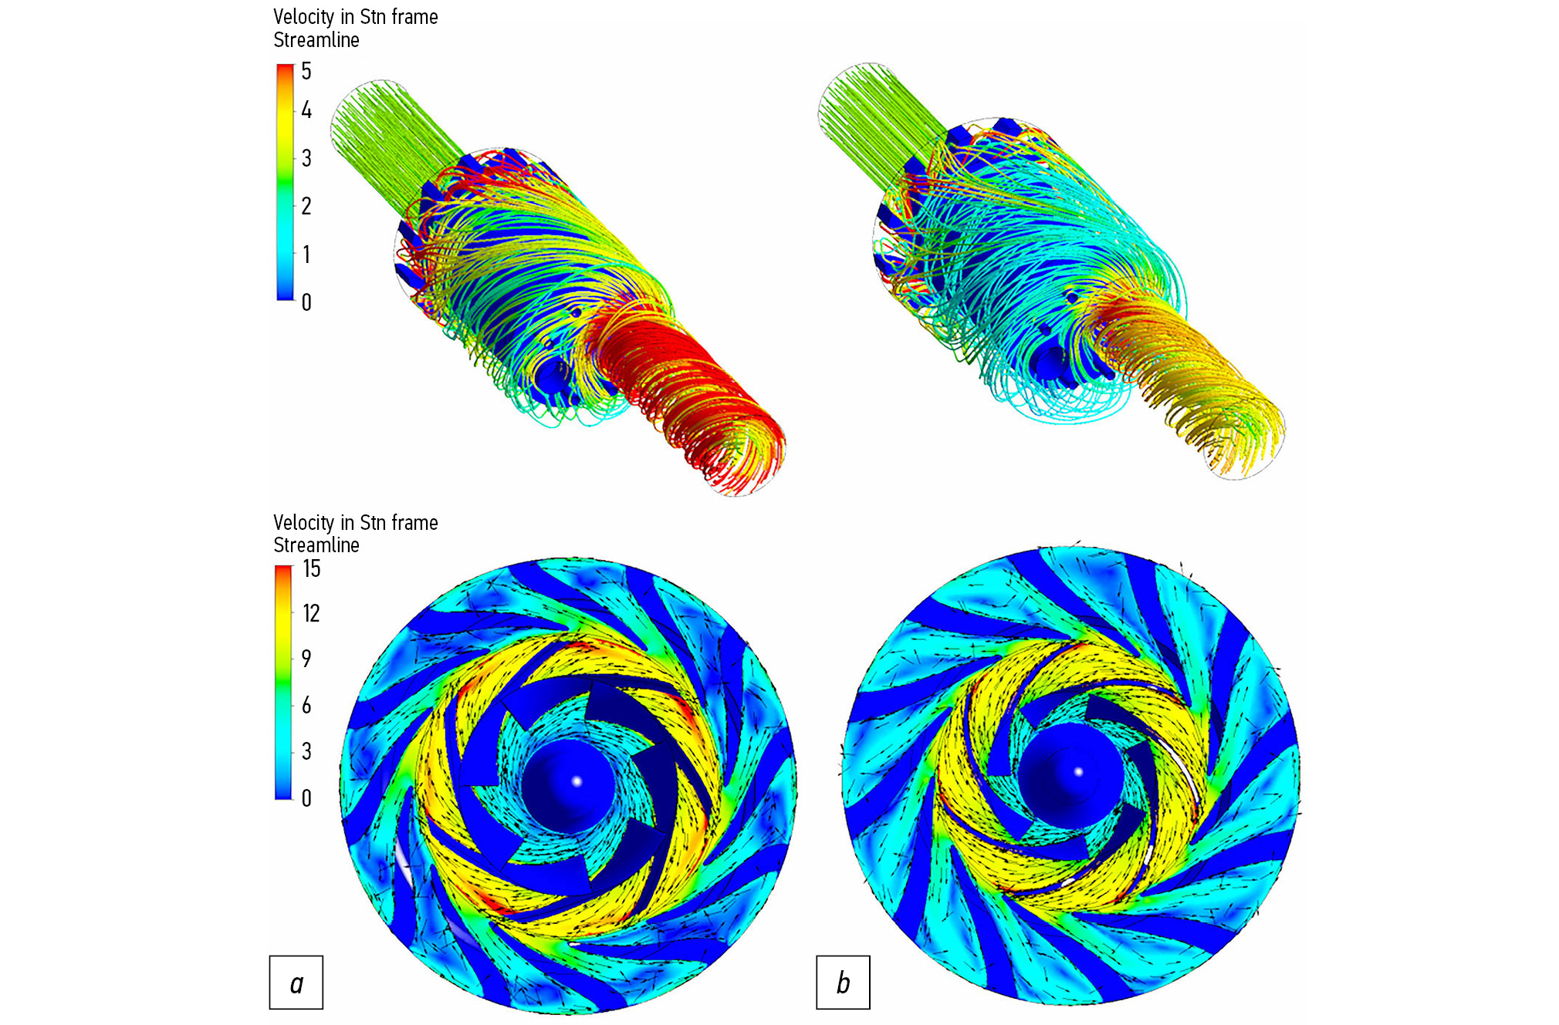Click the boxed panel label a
coord(296,983)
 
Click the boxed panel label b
coord(843,983)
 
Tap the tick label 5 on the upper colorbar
coord(306,71)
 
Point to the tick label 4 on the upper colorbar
coord(306,110)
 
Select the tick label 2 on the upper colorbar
coord(306,206)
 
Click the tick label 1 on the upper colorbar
coord(306,255)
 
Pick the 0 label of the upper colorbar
coord(306,302)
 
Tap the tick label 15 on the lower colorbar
coord(311,568)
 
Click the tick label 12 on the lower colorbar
coord(311,613)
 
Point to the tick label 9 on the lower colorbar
coord(306,658)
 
